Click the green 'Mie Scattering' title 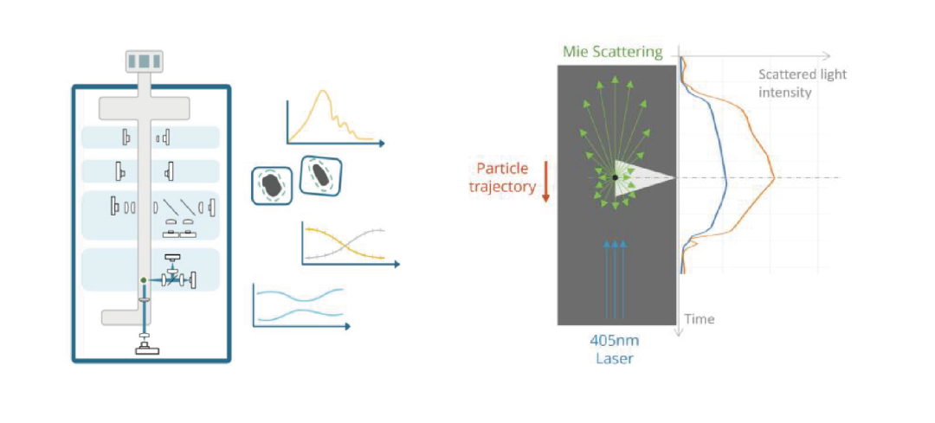[612, 52]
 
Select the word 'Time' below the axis [700, 319]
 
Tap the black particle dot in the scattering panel [615, 177]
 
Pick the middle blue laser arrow [615, 277]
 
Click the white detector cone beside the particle [649, 177]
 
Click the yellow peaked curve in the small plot [327, 104]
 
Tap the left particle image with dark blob [272, 184]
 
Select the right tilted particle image [320, 176]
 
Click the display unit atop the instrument [144, 61]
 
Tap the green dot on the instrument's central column [144, 280]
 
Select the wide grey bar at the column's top [145, 108]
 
